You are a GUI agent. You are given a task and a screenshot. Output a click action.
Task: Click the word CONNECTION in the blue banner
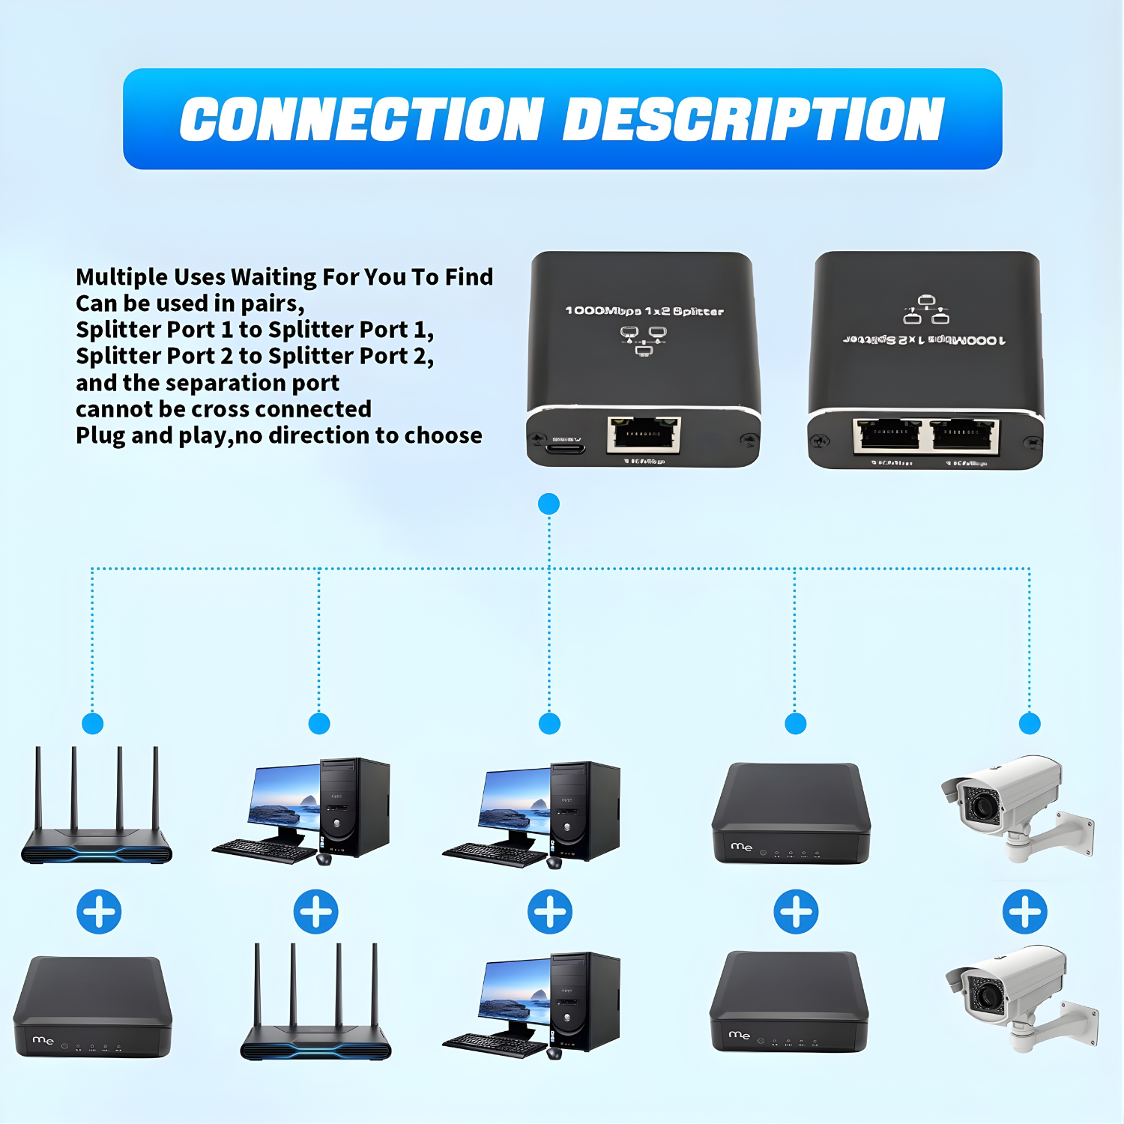click(x=361, y=120)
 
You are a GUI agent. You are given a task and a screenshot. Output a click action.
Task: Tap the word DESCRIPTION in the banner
click(x=753, y=120)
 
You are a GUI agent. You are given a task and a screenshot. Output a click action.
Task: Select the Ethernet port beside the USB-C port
click(x=644, y=435)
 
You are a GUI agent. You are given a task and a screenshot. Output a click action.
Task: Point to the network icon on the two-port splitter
click(x=926, y=309)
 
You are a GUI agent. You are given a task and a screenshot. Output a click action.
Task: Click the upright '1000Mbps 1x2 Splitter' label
click(x=644, y=311)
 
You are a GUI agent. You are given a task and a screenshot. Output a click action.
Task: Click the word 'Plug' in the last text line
click(x=100, y=436)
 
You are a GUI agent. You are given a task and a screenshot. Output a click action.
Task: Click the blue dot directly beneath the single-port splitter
click(x=549, y=504)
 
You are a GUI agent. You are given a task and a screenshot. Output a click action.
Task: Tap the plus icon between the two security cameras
click(x=1024, y=912)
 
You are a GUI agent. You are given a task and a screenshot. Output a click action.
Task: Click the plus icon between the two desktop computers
click(x=549, y=912)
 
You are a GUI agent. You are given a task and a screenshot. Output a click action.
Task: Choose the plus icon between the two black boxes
click(x=795, y=912)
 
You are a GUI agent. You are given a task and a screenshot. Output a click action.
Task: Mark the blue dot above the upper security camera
click(x=1030, y=723)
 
